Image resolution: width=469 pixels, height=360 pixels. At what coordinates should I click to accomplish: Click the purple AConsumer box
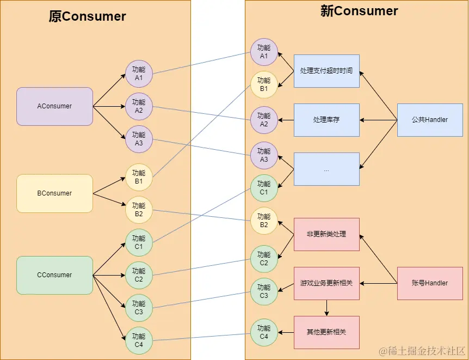point(54,106)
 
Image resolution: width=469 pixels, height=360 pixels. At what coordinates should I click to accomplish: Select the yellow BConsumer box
point(54,193)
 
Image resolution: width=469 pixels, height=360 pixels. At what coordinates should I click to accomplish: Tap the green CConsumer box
point(54,275)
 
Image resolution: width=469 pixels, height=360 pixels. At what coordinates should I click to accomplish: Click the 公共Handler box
point(430,120)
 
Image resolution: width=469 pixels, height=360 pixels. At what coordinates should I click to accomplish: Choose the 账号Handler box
point(430,283)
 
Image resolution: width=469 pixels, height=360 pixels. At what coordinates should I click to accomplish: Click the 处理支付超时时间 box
point(326,71)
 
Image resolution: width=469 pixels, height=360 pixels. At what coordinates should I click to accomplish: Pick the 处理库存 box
point(326,120)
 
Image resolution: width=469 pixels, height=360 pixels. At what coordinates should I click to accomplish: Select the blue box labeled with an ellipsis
point(326,169)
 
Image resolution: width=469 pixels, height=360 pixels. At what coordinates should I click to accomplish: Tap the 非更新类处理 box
point(326,234)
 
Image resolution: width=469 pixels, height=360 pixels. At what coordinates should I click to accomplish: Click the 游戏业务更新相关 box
point(326,283)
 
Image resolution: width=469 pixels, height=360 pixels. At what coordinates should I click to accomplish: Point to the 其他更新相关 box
point(326,332)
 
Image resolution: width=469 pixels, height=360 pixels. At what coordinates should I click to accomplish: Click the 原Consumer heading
point(87,16)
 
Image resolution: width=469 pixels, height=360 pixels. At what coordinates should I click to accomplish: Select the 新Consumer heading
point(359,11)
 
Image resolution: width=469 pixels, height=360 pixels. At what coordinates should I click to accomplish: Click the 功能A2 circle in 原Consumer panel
point(139,106)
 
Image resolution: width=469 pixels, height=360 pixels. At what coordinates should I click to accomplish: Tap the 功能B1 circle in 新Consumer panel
point(264,84)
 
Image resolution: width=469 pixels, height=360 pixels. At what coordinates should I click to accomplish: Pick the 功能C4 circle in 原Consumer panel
point(139,340)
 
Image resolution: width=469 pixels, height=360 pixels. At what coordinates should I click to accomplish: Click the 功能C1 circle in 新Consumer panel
point(264,188)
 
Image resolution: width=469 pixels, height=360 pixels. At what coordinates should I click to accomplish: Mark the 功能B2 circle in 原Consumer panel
point(139,210)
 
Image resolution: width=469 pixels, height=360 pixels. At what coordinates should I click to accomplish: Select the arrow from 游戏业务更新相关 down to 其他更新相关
point(326,308)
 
